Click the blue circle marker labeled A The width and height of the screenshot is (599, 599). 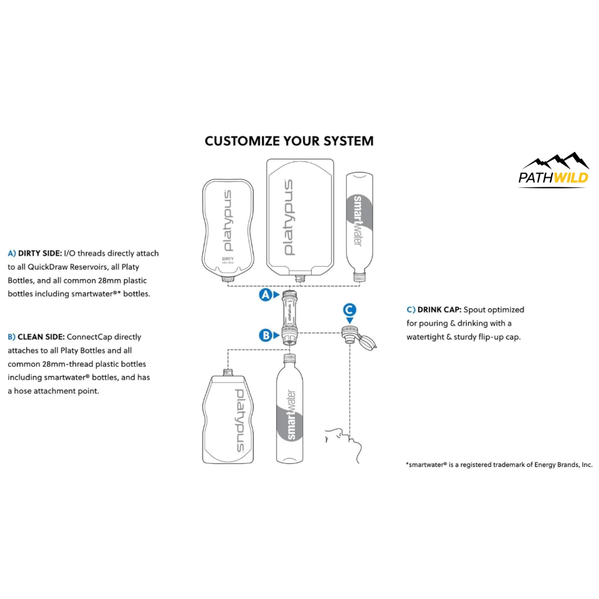(x=266, y=295)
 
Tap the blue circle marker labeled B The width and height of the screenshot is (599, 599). (x=266, y=335)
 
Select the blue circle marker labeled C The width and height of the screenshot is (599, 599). (x=349, y=309)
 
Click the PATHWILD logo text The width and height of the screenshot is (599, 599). (x=553, y=177)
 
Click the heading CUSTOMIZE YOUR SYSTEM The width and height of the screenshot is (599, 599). (x=289, y=141)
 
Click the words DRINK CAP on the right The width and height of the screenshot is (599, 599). (x=438, y=309)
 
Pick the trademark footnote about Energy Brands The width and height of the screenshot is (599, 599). (x=499, y=464)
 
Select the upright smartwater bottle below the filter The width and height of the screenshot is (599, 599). (x=290, y=409)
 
